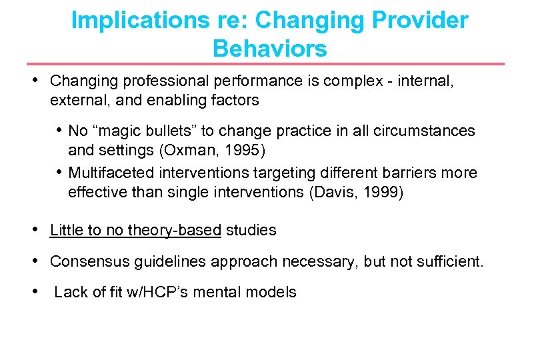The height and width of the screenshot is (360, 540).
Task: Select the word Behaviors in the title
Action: tap(270, 48)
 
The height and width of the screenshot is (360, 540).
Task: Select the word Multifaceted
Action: tap(112, 173)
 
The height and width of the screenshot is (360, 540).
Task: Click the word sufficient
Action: tap(451, 261)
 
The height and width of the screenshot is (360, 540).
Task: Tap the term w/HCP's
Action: tap(164, 292)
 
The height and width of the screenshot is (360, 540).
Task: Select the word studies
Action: tap(251, 231)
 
